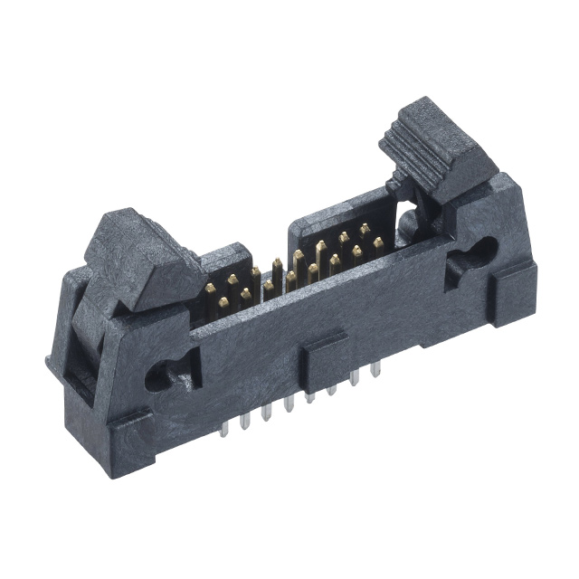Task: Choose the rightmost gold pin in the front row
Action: point(377,242)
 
